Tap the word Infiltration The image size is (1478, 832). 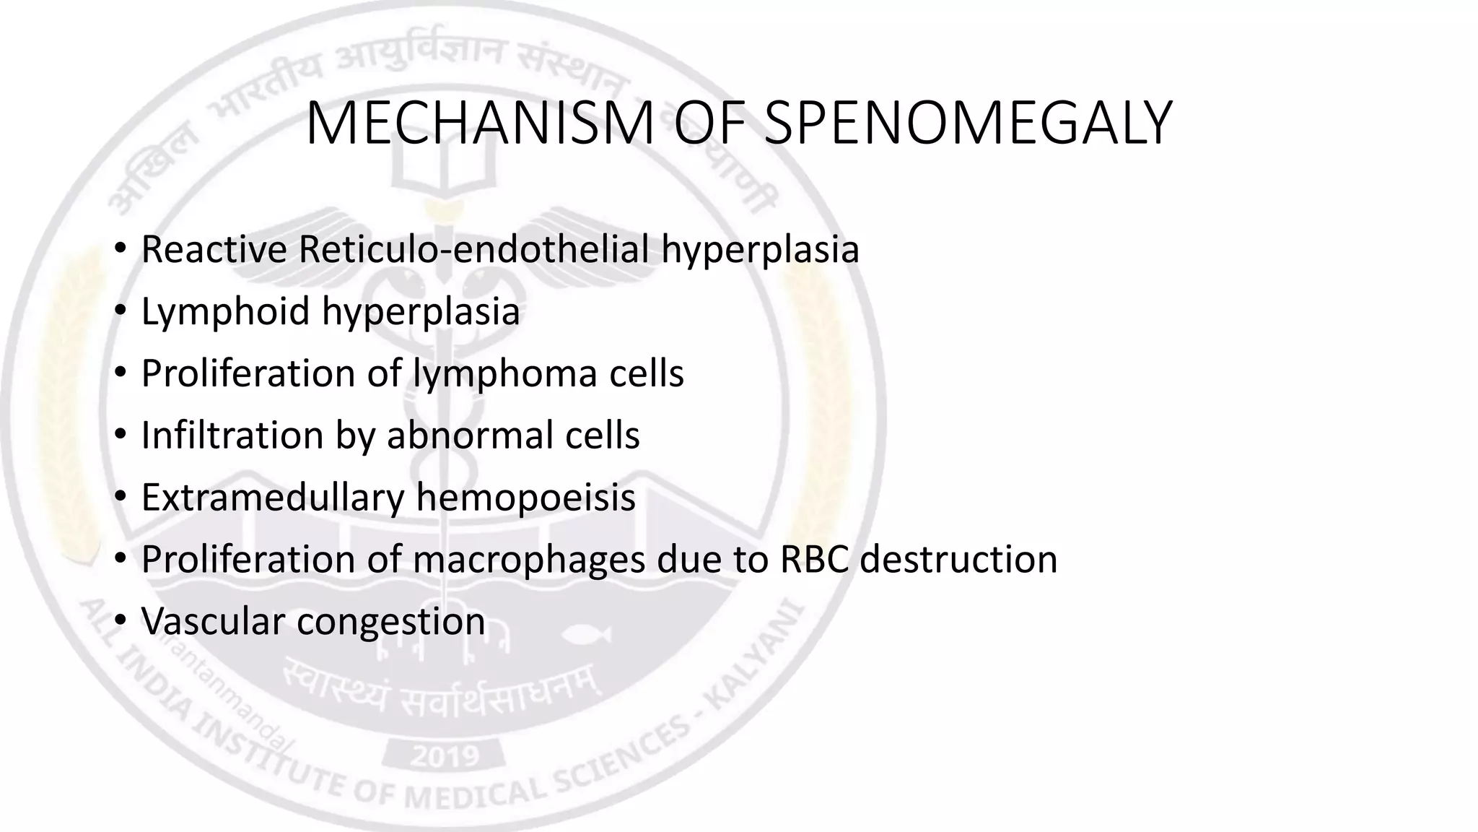point(232,435)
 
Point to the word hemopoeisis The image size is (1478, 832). point(525,498)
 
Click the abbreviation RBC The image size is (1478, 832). point(814,560)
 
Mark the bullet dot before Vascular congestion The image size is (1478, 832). point(121,620)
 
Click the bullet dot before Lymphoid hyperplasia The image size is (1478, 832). point(121,311)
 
